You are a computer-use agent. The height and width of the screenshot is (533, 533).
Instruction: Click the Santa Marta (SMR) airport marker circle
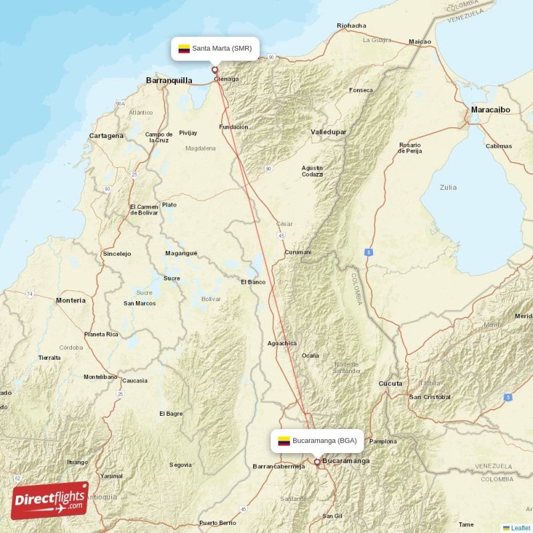point(215,69)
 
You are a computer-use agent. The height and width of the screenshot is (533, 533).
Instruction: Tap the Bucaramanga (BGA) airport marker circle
point(317,460)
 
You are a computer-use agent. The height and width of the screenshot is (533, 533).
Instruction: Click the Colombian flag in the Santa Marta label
point(184,49)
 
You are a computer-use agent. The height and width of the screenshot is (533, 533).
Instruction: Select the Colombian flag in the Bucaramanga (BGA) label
point(284,440)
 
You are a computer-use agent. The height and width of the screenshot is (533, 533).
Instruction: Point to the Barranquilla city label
point(169,81)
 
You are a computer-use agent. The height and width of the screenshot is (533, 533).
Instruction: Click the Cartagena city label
point(107,136)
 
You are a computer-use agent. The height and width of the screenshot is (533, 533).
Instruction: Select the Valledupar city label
point(328,132)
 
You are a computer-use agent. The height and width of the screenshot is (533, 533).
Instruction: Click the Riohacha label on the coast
point(352,26)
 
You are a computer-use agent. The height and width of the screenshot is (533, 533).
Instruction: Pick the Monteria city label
point(71,300)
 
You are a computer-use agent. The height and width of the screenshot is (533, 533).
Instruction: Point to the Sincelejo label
point(117,254)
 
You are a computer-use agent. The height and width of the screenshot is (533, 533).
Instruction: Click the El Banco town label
point(253,282)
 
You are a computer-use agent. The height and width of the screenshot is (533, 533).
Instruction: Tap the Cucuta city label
point(390,384)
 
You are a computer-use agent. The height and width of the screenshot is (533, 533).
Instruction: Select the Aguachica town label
point(282,343)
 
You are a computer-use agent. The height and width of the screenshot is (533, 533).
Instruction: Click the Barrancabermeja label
point(279,466)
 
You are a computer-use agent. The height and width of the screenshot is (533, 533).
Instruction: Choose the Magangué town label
point(181,253)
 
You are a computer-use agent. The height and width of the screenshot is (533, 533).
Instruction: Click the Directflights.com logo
point(50,500)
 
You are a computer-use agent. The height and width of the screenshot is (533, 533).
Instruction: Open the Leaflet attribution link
point(520,528)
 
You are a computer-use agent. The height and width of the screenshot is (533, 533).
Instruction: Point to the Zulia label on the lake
point(448,187)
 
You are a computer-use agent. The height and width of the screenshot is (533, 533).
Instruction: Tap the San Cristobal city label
point(430,397)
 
